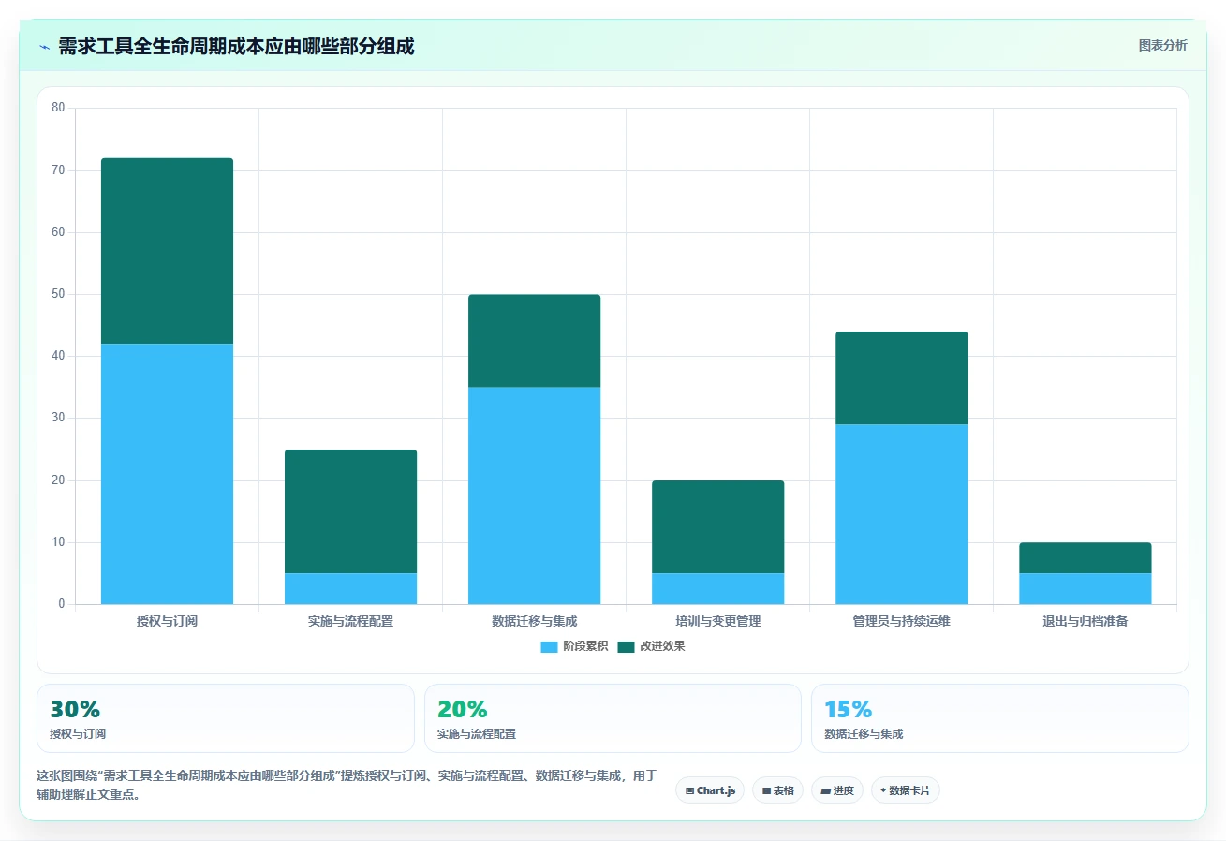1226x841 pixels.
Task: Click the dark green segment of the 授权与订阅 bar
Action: click(x=167, y=251)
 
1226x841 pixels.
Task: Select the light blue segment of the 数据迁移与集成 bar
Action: click(x=534, y=495)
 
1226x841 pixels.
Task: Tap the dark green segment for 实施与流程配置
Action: click(x=351, y=511)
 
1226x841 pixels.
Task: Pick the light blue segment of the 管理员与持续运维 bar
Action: click(x=901, y=514)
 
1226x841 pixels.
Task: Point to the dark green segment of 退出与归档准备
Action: click(x=1085, y=558)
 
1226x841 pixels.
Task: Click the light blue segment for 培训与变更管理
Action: click(x=717, y=589)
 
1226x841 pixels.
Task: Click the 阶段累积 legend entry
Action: click(x=574, y=646)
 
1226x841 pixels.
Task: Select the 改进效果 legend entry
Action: click(x=651, y=646)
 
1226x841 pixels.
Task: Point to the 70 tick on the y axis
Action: click(x=58, y=170)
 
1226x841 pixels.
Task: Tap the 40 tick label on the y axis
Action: click(x=58, y=356)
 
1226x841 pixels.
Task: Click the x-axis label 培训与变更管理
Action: click(x=717, y=621)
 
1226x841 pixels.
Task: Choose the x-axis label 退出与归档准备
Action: click(x=1085, y=621)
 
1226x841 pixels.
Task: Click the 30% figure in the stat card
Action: click(x=75, y=709)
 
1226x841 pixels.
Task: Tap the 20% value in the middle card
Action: click(x=462, y=709)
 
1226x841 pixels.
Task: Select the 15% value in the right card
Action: click(x=848, y=709)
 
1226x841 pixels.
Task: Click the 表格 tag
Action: click(x=777, y=790)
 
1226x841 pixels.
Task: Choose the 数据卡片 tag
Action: click(x=906, y=790)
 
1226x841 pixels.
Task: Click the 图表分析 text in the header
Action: click(x=1162, y=45)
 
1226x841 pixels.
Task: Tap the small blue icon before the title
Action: click(x=45, y=48)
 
